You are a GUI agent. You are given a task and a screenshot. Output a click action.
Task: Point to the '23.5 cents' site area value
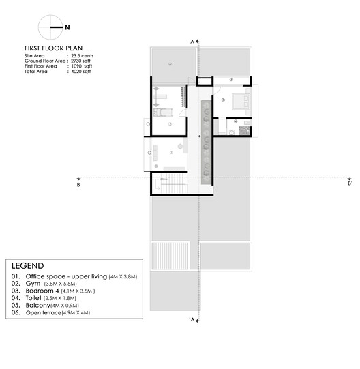[x=82, y=55]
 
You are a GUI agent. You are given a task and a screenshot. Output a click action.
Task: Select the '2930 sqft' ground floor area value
[x=82, y=61]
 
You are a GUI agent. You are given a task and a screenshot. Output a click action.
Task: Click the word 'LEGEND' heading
[x=27, y=266]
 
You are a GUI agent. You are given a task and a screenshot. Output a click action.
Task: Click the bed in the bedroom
[x=242, y=101]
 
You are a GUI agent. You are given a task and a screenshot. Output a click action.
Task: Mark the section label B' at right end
[x=349, y=183]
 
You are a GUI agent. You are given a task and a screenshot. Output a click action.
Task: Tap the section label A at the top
[x=193, y=42]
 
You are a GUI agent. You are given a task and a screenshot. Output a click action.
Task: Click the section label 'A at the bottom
[x=193, y=320]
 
